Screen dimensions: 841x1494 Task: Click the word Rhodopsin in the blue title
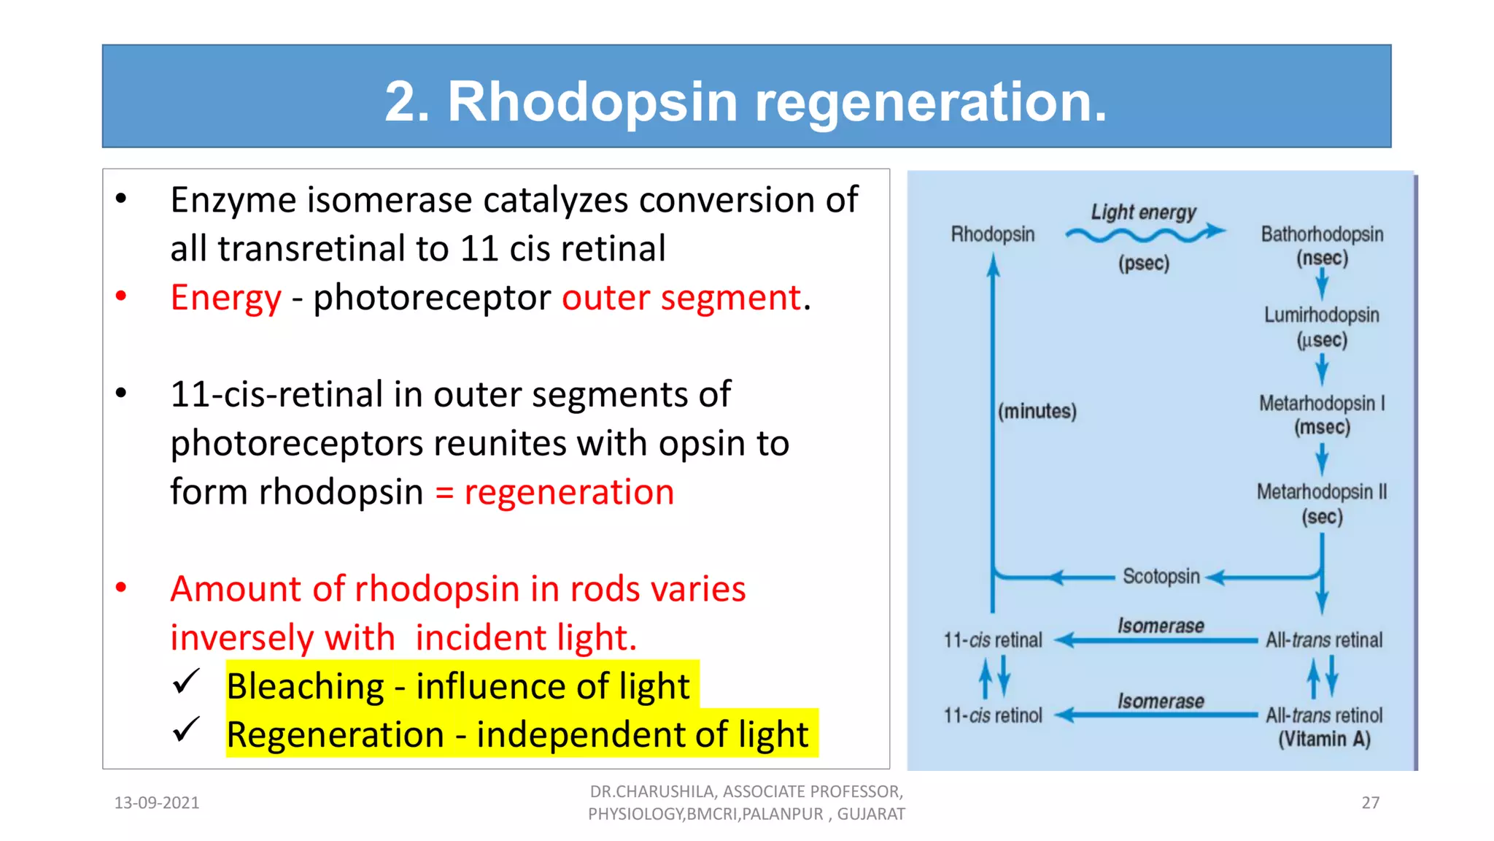coord(592,101)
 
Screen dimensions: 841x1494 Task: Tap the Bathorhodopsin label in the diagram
coord(1321,234)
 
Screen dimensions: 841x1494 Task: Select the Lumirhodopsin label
coord(1321,315)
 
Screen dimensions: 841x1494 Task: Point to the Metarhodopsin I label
coord(1321,403)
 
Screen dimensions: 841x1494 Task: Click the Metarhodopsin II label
coord(1321,492)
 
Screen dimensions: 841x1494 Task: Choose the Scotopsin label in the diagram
coord(1161,576)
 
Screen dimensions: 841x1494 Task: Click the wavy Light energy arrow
coord(1144,234)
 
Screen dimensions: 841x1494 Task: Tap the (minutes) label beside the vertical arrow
coord(1037,411)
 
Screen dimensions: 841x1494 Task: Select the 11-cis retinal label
coord(993,640)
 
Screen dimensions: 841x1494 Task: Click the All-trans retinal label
coord(1323,640)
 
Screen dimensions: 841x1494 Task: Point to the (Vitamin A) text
coord(1323,739)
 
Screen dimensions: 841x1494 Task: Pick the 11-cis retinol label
coord(993,715)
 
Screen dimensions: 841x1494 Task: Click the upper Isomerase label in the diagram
coord(1161,626)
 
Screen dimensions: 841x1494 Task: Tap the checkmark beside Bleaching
coord(186,682)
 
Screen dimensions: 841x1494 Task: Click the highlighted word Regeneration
coord(335,734)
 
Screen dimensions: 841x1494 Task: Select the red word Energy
coord(225,298)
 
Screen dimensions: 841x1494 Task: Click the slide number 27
coord(1370,803)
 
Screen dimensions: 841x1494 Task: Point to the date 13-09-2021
coord(157,803)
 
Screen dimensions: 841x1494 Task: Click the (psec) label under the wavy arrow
coord(1143,263)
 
